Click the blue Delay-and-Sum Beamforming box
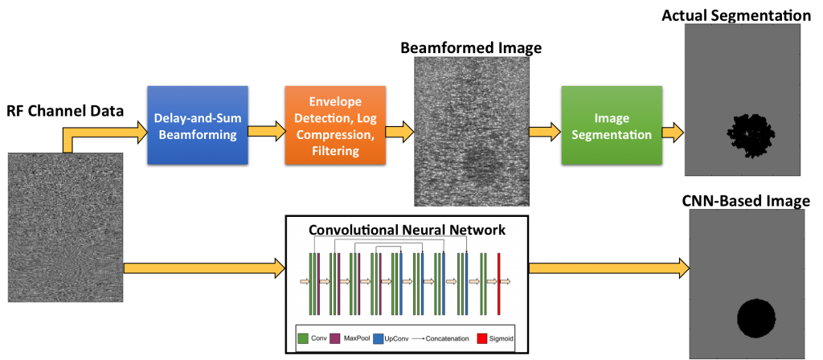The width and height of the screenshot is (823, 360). pyautogui.click(x=197, y=125)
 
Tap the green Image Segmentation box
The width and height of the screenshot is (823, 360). pyautogui.click(x=612, y=125)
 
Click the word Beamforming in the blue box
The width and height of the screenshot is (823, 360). pyautogui.click(x=197, y=135)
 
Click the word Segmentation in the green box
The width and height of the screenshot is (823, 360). pyautogui.click(x=612, y=135)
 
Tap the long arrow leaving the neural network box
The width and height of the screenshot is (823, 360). pyautogui.click(x=607, y=268)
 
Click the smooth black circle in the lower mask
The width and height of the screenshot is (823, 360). pyautogui.click(x=756, y=321)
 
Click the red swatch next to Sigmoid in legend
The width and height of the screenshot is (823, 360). pyautogui.click(x=482, y=339)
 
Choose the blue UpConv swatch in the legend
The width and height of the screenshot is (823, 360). pyautogui.click(x=379, y=339)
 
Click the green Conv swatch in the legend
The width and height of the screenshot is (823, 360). pyautogui.click(x=303, y=339)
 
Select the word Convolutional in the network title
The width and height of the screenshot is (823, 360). pyautogui.click(x=354, y=230)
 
